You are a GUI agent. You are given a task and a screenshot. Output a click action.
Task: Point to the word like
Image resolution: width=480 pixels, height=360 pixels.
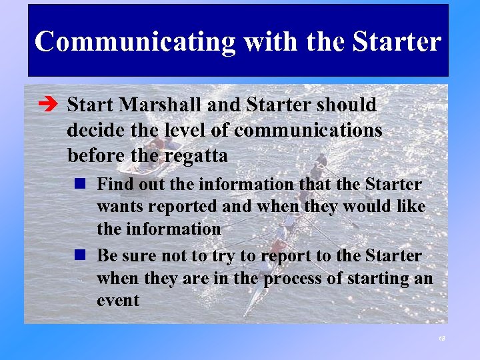tap(409, 207)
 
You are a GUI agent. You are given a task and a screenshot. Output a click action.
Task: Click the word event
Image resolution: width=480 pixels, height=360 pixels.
tap(118, 301)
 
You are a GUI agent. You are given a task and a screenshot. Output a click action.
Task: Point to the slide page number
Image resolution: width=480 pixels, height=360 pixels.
tap(441, 339)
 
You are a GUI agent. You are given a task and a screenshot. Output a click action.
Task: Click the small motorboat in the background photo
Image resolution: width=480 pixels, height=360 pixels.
tap(148, 155)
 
